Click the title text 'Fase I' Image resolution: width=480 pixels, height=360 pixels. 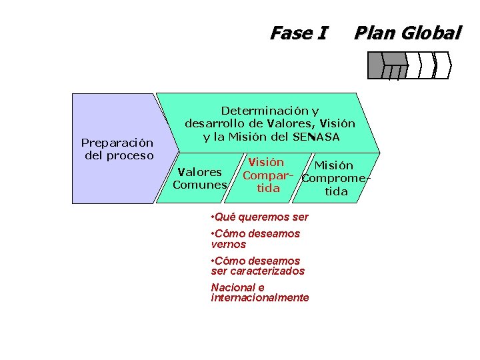point(298,33)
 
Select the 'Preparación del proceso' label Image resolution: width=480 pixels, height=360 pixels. point(117,149)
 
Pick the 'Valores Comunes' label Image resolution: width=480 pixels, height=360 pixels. point(199,179)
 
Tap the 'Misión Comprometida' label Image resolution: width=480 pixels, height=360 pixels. point(335,178)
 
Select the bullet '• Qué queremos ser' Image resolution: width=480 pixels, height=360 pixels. point(259,217)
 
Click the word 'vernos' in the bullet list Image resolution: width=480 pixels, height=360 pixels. point(228,245)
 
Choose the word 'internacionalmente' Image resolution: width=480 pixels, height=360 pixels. point(260,298)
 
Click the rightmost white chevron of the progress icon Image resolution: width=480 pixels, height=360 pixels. point(443,65)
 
